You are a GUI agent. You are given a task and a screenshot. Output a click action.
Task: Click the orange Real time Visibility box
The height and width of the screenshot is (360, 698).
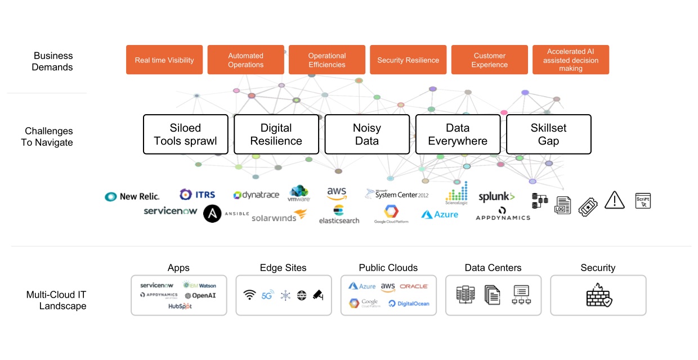click(x=164, y=60)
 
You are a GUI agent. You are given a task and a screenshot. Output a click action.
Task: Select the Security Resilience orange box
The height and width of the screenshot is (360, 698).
click(x=408, y=60)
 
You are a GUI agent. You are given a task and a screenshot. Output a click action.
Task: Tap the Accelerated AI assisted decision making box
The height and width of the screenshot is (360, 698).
click(x=571, y=60)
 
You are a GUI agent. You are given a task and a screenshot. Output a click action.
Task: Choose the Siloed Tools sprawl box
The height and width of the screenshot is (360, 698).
click(x=186, y=134)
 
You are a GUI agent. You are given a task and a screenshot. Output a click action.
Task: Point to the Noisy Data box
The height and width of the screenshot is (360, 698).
click(x=367, y=134)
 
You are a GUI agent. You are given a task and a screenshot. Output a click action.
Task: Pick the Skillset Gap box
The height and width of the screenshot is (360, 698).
click(x=548, y=134)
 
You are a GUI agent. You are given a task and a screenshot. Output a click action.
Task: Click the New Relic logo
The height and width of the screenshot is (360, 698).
click(x=132, y=196)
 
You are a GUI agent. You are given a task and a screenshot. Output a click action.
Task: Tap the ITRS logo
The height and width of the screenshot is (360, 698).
click(x=198, y=195)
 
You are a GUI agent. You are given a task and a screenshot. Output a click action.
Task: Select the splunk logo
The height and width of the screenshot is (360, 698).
click(x=496, y=197)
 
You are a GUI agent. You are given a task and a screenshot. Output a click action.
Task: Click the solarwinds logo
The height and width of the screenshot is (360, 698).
click(x=279, y=217)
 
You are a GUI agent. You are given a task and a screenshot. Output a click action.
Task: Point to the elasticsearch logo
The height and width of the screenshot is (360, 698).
click(x=339, y=215)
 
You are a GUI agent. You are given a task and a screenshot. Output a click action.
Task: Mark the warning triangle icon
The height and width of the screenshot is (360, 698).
click(x=615, y=200)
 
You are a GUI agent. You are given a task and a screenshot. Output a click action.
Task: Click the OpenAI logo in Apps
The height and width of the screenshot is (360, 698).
click(x=200, y=295)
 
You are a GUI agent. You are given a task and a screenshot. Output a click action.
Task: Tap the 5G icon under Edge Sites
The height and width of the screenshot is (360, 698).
click(x=267, y=295)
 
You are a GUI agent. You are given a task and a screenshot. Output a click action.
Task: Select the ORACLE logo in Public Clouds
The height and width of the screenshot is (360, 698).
click(x=414, y=287)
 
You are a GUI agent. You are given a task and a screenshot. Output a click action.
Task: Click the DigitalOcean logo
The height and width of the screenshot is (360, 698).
click(x=409, y=304)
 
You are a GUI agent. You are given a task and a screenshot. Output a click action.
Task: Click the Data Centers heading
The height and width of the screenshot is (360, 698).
click(x=493, y=268)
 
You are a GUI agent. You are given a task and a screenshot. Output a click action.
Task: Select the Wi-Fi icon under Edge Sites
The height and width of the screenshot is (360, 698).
click(x=249, y=295)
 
